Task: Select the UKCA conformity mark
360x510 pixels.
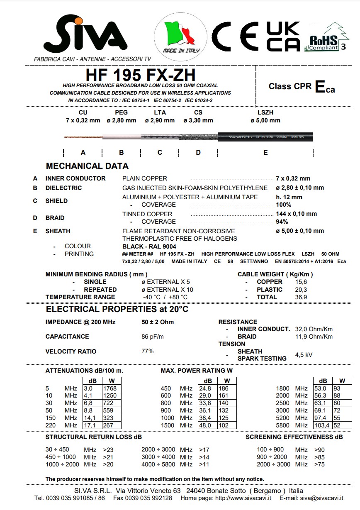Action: click(284, 37)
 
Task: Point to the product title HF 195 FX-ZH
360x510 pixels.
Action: click(141, 75)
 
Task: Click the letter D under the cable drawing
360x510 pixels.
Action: click(198, 152)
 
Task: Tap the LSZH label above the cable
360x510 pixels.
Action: click(265, 112)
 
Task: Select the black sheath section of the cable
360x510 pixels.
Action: click(265, 137)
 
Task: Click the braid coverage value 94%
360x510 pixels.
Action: click(282, 222)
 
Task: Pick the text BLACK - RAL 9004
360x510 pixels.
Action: click(149, 246)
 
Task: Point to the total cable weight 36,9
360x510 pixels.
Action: click(301, 297)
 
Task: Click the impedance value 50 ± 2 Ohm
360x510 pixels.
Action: click(158, 322)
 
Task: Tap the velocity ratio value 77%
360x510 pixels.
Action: click(148, 351)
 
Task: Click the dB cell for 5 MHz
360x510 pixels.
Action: click(88, 388)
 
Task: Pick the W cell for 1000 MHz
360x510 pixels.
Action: click(224, 418)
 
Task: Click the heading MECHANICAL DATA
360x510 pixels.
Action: click(87, 166)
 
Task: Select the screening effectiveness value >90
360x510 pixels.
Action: click(319, 449)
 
